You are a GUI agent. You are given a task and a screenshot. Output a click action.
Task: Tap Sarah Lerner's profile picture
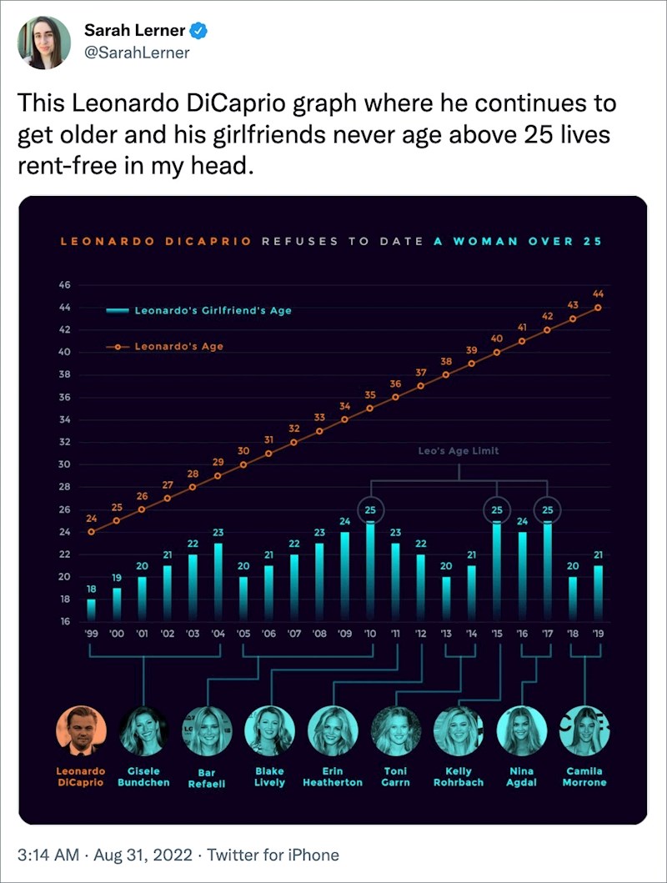pos(44,43)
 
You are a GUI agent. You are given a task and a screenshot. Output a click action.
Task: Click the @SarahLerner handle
pos(137,53)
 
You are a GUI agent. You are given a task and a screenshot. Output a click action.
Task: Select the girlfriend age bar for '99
pos(91,610)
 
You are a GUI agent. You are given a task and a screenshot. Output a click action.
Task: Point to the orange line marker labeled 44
pos(598,308)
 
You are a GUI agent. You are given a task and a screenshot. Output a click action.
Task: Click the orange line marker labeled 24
pos(91,531)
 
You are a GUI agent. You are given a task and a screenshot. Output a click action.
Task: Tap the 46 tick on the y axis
pos(65,285)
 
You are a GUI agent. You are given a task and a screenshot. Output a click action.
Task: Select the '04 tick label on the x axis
pos(218,634)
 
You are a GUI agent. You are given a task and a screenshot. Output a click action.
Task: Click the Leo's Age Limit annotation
pos(459,450)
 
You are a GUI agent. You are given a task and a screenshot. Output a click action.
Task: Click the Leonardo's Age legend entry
pos(178,346)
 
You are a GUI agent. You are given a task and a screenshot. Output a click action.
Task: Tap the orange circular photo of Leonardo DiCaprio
pos(81,731)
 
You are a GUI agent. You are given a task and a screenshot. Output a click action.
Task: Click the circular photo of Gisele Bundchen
pos(143,731)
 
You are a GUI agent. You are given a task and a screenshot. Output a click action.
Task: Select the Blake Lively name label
pos(269,777)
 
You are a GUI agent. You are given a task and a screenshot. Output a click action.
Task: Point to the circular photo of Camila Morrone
pos(584,731)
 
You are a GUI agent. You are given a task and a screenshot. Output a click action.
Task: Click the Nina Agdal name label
pos(521,777)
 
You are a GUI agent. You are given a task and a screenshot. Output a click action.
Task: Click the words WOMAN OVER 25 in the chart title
pos(527,241)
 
